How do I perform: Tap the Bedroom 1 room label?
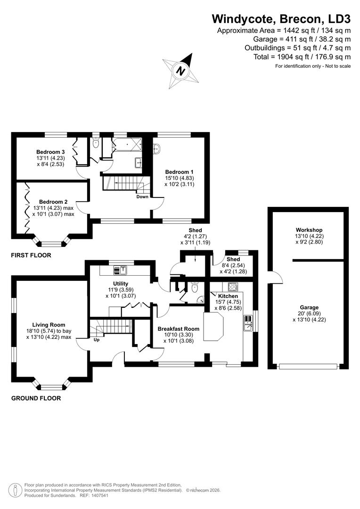click(179, 172)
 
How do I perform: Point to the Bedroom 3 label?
click(50, 152)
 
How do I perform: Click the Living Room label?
click(49, 325)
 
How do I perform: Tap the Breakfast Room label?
click(178, 328)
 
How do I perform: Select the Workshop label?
click(309, 230)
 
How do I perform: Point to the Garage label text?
click(309, 307)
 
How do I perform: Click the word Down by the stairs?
click(143, 197)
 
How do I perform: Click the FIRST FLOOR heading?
click(31, 255)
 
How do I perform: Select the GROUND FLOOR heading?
click(36, 398)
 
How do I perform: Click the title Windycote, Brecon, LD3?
click(281, 19)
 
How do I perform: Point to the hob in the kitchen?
click(233, 286)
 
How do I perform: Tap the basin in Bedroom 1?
click(158, 149)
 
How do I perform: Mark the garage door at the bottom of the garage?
click(308, 366)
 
